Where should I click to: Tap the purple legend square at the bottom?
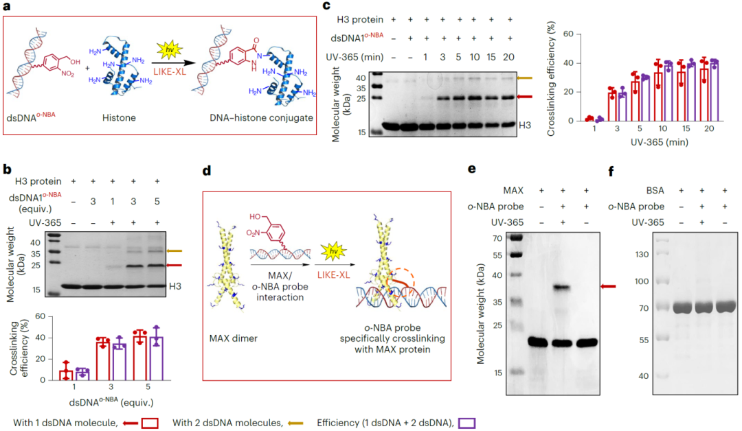[x=466, y=423]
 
